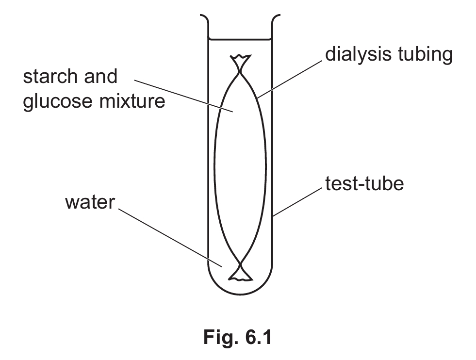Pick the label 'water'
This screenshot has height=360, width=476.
(x=89, y=202)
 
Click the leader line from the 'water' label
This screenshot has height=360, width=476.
(x=170, y=238)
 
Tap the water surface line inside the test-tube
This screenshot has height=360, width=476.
(x=240, y=38)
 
